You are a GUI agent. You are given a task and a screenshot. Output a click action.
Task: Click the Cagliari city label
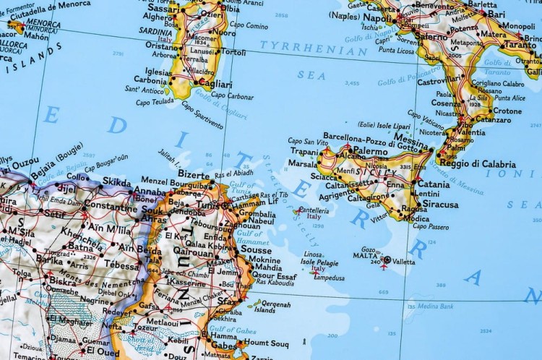[x=215, y=84]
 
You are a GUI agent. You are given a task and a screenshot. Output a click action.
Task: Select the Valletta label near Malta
[x=405, y=262]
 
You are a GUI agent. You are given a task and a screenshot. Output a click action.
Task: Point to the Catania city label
[x=433, y=184]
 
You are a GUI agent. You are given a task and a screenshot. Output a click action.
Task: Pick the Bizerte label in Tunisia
[x=194, y=175]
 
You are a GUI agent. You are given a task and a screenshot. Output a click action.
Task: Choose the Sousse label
[x=256, y=249]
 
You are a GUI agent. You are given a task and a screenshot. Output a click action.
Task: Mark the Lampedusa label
[x=329, y=278]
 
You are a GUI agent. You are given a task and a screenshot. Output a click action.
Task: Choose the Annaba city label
[x=150, y=191]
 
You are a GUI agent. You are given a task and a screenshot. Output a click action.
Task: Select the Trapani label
[x=304, y=151]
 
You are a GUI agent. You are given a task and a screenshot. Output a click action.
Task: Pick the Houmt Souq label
[x=265, y=343]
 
